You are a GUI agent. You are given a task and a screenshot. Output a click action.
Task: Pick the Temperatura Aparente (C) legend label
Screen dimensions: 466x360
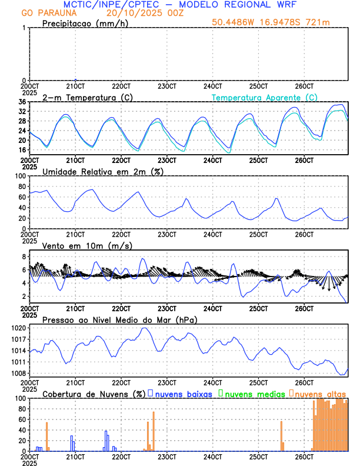[264, 97]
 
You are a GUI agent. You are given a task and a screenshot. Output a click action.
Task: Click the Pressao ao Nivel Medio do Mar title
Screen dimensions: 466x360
[119, 319]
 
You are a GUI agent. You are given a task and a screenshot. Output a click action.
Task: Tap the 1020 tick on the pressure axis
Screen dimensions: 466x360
[20, 328]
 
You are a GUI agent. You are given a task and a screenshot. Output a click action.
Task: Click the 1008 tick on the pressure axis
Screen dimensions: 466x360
[20, 373]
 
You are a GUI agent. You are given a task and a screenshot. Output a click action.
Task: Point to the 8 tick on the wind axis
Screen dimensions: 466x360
[24, 257]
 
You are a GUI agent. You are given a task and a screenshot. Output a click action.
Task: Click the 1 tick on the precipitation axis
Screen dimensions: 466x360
[24, 28]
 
